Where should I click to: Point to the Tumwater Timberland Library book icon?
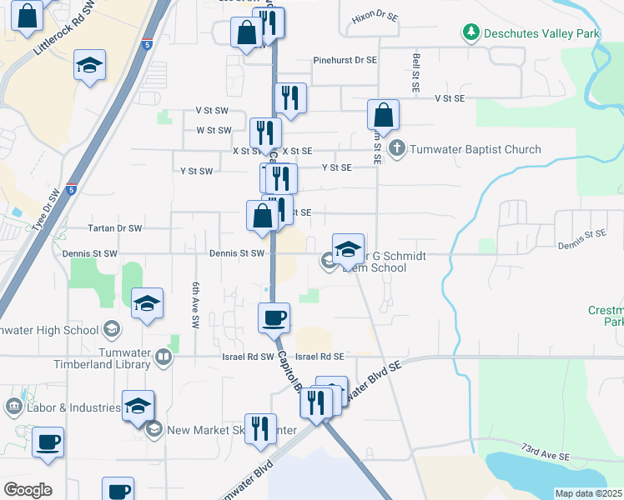(164, 358)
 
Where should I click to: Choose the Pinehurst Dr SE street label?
(345, 61)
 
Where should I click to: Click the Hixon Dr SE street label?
(375, 16)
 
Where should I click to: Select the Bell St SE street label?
(415, 73)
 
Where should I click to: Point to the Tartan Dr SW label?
(115, 227)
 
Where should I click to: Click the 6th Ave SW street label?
(196, 303)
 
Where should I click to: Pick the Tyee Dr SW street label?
(47, 210)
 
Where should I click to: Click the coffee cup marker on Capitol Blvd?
(274, 317)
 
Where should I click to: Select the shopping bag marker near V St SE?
(383, 114)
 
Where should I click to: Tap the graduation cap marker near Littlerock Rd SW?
(89, 66)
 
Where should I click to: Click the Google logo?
(27, 490)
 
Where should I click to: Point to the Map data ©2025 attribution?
(587, 493)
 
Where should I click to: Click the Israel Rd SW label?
(249, 357)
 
